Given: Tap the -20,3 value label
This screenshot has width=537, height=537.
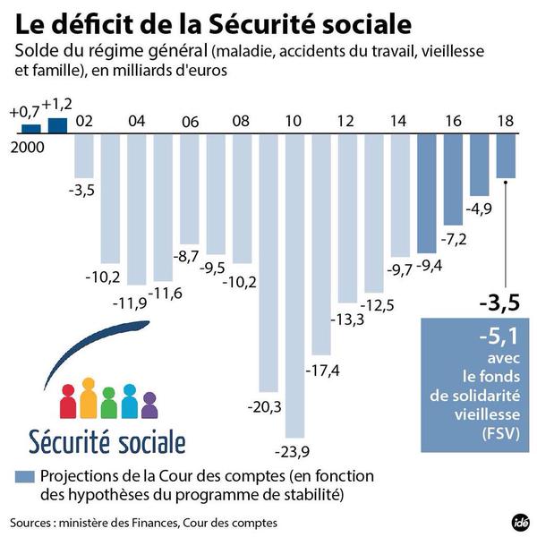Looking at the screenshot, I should tap(266, 407).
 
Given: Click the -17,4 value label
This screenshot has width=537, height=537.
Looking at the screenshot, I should tap(320, 370).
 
